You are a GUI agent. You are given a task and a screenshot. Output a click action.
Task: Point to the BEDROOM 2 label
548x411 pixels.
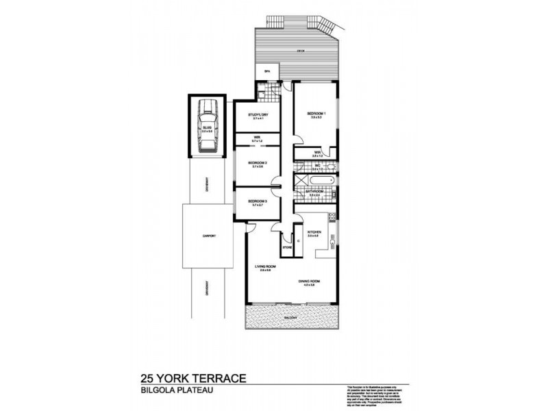click(258, 162)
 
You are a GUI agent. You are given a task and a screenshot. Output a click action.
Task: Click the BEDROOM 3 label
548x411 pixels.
click(258, 201)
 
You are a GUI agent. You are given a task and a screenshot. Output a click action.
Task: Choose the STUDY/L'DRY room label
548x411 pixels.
click(258, 115)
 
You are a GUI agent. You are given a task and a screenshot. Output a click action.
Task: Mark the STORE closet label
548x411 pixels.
click(286, 248)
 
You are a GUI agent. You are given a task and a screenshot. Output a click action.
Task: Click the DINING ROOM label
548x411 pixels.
click(310, 282)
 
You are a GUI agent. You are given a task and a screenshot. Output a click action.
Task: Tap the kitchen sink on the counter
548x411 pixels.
click(331, 241)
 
